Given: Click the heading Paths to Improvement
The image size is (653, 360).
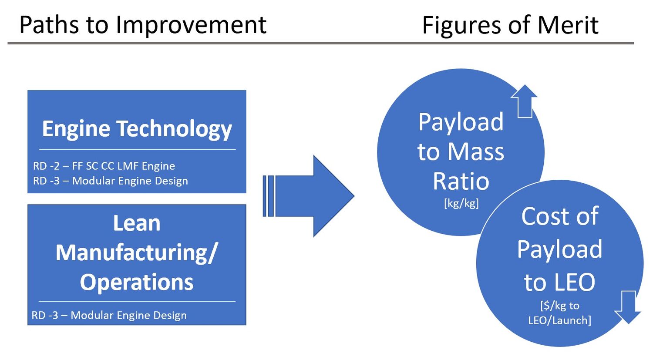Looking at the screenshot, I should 143,25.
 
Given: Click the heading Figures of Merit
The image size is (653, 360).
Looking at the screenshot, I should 510,25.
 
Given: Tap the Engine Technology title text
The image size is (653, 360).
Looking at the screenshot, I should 137,129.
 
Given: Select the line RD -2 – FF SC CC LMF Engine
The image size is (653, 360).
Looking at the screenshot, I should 104,166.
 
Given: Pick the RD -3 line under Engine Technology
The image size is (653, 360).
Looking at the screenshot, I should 111,181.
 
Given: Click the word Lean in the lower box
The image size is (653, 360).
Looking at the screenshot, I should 137,223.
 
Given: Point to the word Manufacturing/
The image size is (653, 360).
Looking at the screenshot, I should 137,252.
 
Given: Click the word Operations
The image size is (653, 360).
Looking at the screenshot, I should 137,282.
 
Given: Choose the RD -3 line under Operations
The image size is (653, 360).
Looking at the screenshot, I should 109,315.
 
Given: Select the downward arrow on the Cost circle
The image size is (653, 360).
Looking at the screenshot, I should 628,307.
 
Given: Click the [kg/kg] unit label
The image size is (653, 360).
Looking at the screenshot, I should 461,203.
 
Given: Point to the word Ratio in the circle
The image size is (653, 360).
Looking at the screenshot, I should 461,181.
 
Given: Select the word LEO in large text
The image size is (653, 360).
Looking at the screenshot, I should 574,282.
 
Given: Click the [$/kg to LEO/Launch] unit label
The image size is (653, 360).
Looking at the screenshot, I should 559,313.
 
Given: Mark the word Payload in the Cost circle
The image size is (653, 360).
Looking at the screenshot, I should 559,249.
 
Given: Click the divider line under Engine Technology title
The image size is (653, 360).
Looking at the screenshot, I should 137,150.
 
